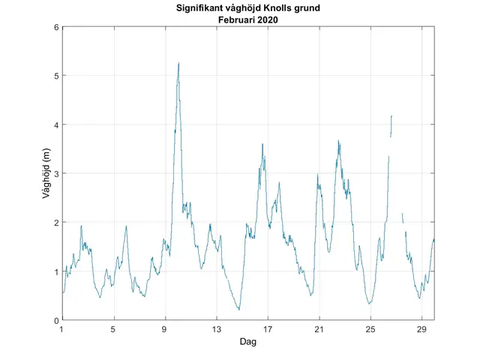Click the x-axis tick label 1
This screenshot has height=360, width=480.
(x=61, y=329)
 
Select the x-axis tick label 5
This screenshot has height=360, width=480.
(x=113, y=329)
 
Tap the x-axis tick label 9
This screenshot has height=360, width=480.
(x=164, y=329)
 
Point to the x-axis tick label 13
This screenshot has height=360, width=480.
(x=216, y=329)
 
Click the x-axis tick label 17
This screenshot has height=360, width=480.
(x=268, y=329)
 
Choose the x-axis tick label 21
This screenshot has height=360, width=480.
(x=319, y=329)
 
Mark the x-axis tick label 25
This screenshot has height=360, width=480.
(x=370, y=329)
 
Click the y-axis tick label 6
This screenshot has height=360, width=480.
(x=55, y=27)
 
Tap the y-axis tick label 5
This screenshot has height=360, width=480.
(x=55, y=76)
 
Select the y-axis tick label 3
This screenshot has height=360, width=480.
(x=55, y=173)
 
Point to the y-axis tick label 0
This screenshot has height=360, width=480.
(x=55, y=320)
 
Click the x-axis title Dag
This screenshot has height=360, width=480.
(x=248, y=341)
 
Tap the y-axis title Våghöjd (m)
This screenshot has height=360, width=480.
(x=46, y=173)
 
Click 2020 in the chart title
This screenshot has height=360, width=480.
(x=268, y=19)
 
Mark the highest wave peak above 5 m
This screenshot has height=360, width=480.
(x=178, y=63)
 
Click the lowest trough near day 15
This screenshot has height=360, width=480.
(x=239, y=310)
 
